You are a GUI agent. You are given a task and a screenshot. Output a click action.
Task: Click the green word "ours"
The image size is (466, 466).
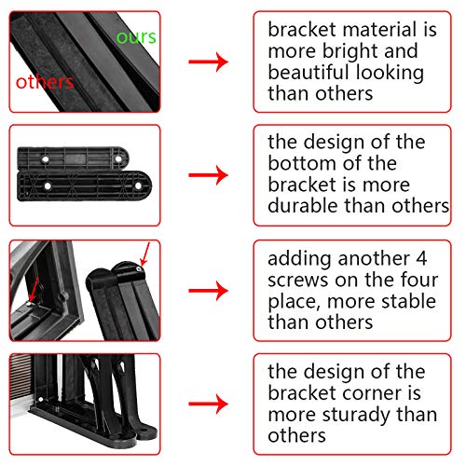[x=136, y=37]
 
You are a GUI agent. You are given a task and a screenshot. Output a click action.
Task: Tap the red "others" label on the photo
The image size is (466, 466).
[x=45, y=82]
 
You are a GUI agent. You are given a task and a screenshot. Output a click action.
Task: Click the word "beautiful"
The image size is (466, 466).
[x=308, y=72]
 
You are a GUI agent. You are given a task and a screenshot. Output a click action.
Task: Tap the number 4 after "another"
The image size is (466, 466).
[x=421, y=258]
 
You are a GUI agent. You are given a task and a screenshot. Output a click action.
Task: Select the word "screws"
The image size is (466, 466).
[x=298, y=281]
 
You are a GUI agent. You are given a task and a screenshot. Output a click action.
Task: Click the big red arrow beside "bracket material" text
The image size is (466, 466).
[x=208, y=62]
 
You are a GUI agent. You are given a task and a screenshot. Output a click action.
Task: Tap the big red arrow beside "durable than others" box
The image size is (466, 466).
[x=208, y=175]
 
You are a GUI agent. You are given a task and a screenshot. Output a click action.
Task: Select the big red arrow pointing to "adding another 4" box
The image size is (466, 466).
[x=208, y=291]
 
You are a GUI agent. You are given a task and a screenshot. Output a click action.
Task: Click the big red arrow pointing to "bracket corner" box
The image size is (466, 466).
[x=208, y=404]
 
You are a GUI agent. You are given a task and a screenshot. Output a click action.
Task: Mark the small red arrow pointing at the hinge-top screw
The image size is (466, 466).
[x=144, y=254]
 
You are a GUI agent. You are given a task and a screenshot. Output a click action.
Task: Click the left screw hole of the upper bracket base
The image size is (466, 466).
[x=46, y=159]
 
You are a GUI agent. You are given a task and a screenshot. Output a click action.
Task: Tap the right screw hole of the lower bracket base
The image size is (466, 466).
[x=138, y=186]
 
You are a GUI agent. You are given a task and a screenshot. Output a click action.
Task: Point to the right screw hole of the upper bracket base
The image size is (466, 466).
[x=118, y=159]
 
